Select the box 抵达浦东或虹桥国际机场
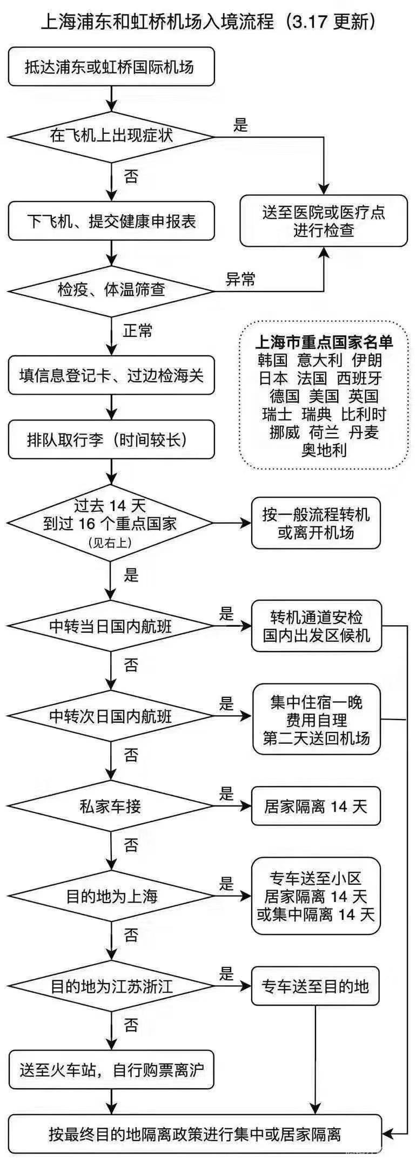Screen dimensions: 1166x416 pos(111,67)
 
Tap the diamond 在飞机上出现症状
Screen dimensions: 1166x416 pos(111,135)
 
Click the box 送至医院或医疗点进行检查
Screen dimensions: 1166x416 pos(324,221)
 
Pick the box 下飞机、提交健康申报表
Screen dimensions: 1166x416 pos(111,221)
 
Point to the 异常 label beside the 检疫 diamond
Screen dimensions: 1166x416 pos(240,279)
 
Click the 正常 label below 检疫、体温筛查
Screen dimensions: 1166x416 pos(138,330)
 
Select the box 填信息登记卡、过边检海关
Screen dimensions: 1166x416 pos(111,376)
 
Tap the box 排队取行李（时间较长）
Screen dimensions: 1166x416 pos(111,440)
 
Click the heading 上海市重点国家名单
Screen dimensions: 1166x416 pos(324,342)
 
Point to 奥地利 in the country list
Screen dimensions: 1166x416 pos(324,450)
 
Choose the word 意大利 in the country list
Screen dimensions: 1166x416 pos(319,360)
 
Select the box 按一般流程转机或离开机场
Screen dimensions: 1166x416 pos(316,523)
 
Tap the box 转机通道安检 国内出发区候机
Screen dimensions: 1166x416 pos(317,626)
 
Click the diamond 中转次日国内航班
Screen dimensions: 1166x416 pos(111,716)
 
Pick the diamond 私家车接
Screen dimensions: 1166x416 pos(111,806)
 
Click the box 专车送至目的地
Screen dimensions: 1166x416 pos(316,987)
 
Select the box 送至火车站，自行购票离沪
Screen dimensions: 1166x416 pos(111,1069)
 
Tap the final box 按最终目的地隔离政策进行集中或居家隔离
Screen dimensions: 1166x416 pos(195,1134)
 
